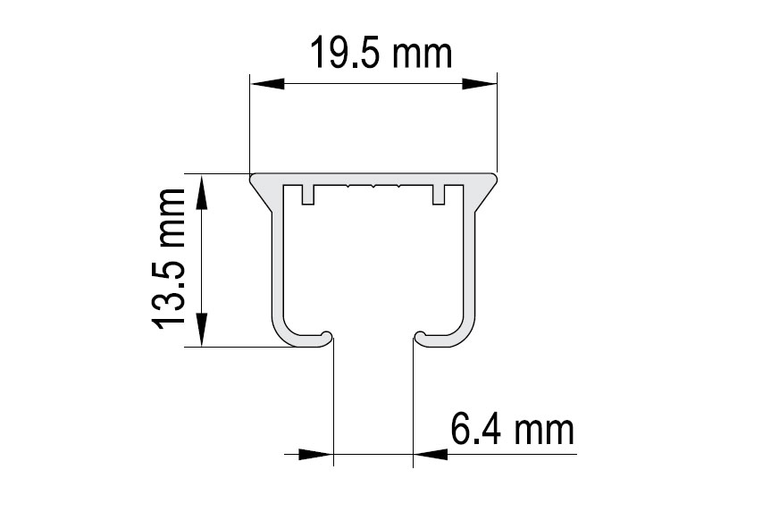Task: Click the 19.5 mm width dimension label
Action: (x=381, y=53)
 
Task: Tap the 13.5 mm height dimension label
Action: (x=168, y=259)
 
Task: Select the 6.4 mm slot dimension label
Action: (x=512, y=429)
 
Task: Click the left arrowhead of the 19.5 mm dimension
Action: (x=267, y=84)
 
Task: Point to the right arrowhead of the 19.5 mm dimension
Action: (x=480, y=84)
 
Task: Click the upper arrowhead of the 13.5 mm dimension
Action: (x=202, y=191)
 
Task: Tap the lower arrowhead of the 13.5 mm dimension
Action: (x=202, y=330)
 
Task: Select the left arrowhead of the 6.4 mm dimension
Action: (x=316, y=454)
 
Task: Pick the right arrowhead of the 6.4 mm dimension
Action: (x=431, y=454)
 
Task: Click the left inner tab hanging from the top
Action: (x=308, y=194)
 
